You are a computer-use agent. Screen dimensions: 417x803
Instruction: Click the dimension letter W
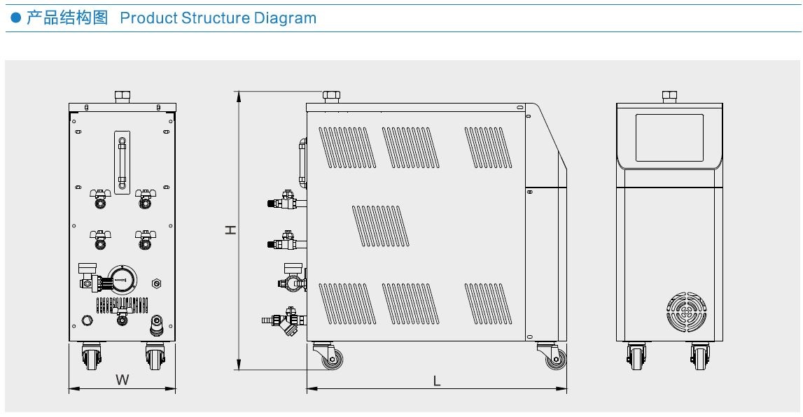[122, 380]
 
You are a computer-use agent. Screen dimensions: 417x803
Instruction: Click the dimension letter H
[230, 229]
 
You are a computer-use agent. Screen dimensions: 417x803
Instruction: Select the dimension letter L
[436, 381]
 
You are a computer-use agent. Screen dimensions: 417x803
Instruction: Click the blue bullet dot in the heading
[15, 19]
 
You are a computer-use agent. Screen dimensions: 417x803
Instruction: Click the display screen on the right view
[669, 138]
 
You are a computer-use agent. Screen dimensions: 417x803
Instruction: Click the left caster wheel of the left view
[92, 358]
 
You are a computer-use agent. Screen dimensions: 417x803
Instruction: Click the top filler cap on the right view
[669, 96]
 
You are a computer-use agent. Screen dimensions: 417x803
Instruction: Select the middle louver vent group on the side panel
[379, 226]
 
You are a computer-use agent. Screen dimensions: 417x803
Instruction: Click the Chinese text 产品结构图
[67, 18]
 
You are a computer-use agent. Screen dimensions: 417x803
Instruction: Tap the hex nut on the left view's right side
[156, 283]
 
